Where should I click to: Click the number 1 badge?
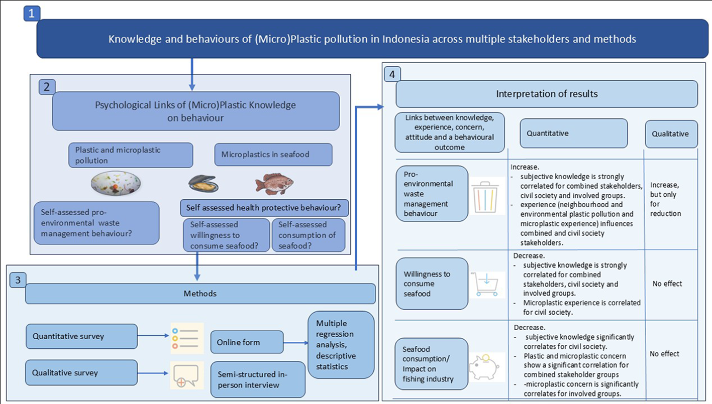32,14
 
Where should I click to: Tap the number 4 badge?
392,74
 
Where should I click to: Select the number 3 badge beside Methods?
18,280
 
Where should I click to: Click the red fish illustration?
274,184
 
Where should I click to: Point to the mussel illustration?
204,184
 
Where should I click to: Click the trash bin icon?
485,197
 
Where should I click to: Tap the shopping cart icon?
485,285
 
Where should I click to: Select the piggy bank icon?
484,367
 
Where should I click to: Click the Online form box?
247,342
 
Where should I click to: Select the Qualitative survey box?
81,372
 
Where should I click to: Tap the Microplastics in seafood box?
273,155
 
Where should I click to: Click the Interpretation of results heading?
547,94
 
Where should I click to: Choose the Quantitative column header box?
574,133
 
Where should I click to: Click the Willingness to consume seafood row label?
432,284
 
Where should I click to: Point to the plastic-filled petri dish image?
116,183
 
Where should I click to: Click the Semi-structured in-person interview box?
258,379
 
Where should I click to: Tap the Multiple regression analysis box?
341,345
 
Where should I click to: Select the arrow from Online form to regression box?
296,343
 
